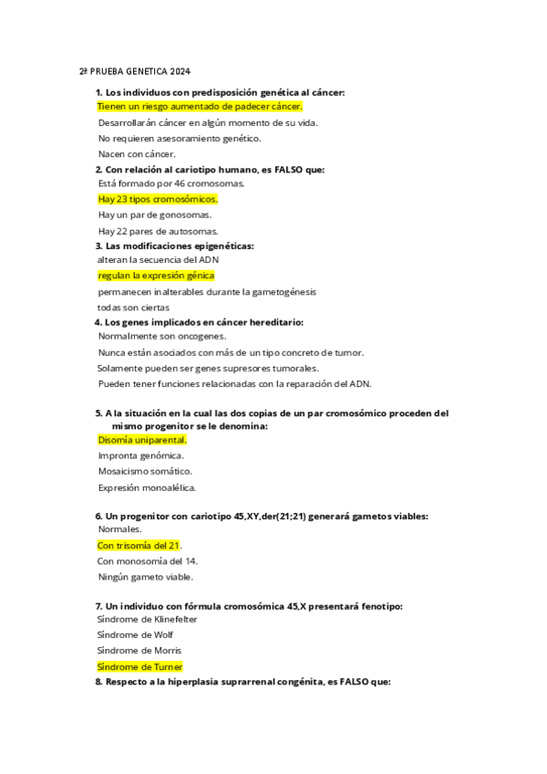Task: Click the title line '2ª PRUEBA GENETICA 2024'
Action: tap(134, 72)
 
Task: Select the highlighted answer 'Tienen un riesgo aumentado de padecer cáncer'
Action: tap(200, 107)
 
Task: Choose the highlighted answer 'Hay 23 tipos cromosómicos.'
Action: tap(159, 199)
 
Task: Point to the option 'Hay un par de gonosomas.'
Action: tap(155, 214)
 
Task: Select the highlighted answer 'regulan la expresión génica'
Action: tap(156, 276)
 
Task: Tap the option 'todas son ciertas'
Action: tap(134, 307)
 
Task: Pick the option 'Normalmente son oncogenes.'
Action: tap(162, 337)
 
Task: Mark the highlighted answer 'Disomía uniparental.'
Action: tap(142, 440)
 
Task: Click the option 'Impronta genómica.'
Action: tap(141, 455)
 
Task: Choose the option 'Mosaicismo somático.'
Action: tap(145, 471)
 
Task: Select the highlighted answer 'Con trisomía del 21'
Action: tap(139, 546)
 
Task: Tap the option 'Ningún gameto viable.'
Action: tap(145, 577)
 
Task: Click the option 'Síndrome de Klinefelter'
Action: tap(148, 619)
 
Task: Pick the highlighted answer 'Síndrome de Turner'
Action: tap(140, 666)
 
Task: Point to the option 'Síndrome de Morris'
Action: tap(139, 650)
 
